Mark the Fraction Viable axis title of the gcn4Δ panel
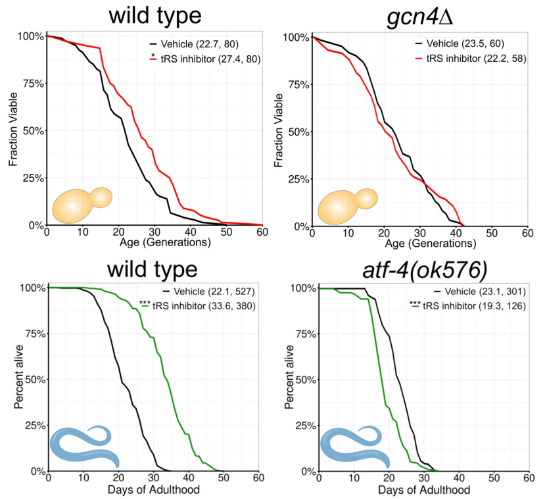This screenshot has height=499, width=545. (279, 131)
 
